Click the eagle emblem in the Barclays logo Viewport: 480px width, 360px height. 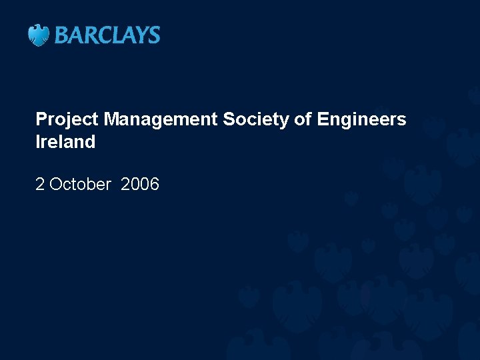[x=39, y=35]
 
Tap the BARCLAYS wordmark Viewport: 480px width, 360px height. [x=107, y=35]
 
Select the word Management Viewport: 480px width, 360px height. [x=161, y=120]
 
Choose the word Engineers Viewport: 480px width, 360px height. [x=362, y=120]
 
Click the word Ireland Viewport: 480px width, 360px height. [x=65, y=142]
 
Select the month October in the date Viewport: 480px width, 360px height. [x=80, y=185]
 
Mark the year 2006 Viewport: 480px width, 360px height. [x=140, y=185]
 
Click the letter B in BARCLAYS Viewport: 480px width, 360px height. [x=61, y=35]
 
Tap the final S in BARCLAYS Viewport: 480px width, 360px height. [x=154, y=35]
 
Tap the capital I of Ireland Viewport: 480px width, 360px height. [x=38, y=142]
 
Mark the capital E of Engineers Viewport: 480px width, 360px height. [x=323, y=120]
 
